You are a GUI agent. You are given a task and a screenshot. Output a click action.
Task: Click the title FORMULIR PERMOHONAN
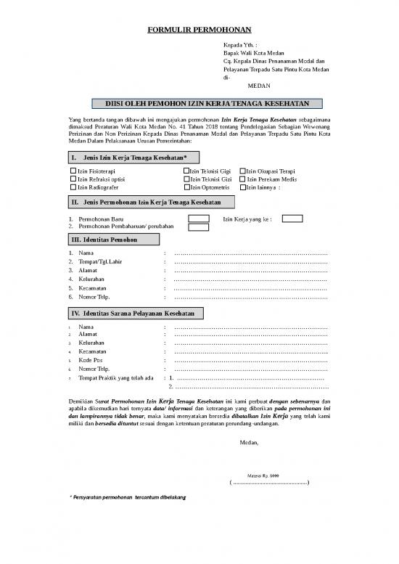tap(199, 30)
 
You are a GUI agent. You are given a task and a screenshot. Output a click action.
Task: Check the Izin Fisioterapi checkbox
tap(73, 171)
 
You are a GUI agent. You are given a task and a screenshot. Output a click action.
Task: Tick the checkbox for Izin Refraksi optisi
tap(73, 179)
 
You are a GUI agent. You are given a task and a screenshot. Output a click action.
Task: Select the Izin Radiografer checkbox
tap(73, 187)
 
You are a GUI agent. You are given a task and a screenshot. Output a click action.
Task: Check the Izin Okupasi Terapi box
tap(243, 171)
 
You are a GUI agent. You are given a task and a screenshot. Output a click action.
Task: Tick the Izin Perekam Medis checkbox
tap(243, 179)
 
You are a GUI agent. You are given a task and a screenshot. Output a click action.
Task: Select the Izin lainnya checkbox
tap(243, 187)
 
